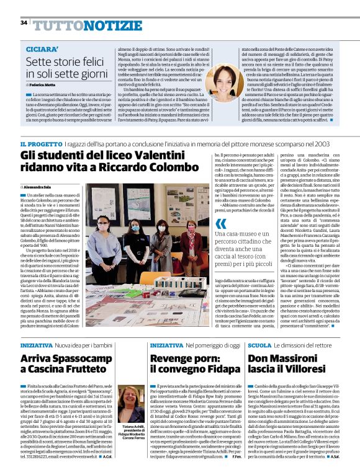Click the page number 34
[24, 22]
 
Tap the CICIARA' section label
[43, 48]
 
